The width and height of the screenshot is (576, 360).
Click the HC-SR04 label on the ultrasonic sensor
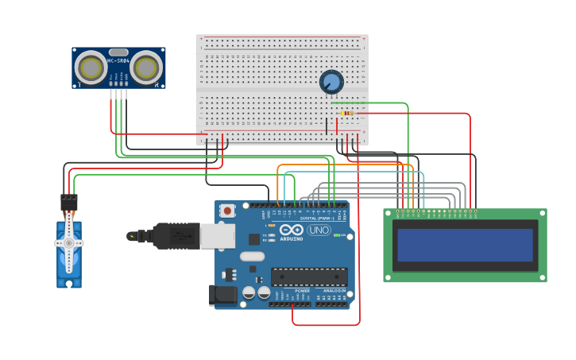pos(118,61)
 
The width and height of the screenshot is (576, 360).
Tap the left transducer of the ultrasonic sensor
pos(91,69)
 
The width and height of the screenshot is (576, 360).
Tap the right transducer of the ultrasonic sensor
pos(146,69)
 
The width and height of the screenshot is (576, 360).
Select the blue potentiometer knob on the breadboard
pos(331,81)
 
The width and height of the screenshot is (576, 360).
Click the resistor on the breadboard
pos(347,113)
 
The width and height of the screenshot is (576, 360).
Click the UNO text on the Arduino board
pos(319,230)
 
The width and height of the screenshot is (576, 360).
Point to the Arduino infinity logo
pos(291,230)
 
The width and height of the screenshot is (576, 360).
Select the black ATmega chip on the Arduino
pos(309,277)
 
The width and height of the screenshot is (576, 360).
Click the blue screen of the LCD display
pos(465,245)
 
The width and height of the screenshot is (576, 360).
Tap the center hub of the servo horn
pos(69,242)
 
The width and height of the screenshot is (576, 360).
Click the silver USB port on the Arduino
pos(218,236)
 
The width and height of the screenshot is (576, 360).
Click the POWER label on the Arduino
pos(302,291)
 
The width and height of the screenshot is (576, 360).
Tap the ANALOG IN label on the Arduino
pos(334,291)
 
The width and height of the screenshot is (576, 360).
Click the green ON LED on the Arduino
pos(337,235)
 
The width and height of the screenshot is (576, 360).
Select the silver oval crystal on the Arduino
pos(252,256)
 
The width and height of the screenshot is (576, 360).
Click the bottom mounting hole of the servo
pos(69,283)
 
